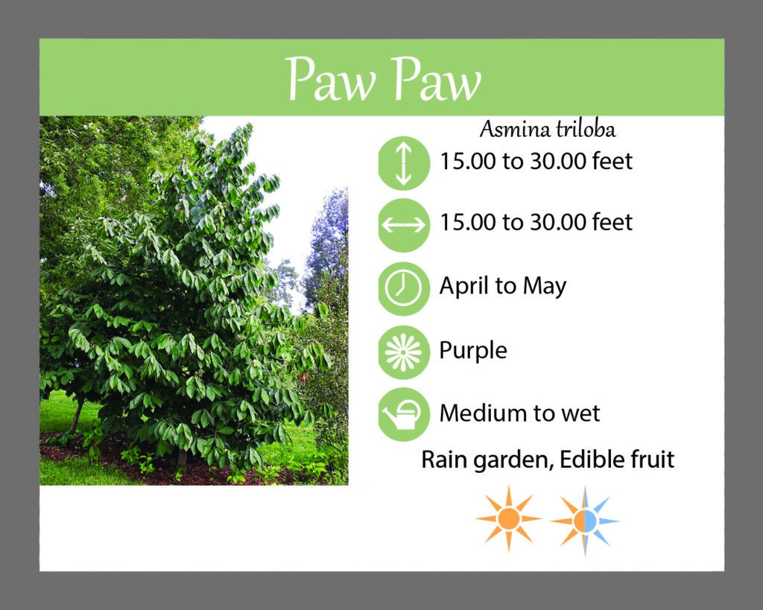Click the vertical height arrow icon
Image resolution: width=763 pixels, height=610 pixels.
(x=403, y=163)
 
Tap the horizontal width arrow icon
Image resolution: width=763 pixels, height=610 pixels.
(x=403, y=225)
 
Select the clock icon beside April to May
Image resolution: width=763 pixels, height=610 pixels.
(x=403, y=288)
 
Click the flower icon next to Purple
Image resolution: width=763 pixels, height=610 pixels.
(x=403, y=352)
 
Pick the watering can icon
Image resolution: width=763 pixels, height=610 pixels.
(x=403, y=414)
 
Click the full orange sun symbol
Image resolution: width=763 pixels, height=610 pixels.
(x=508, y=519)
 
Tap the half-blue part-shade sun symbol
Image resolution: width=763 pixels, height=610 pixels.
(x=585, y=521)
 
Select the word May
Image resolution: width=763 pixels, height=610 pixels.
(x=545, y=287)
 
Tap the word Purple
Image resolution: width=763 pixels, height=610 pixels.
(x=473, y=351)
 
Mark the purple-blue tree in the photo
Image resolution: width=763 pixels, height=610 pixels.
(x=327, y=244)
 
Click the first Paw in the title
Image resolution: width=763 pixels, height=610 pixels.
(x=331, y=79)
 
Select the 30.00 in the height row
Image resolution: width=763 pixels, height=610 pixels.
(x=557, y=161)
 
